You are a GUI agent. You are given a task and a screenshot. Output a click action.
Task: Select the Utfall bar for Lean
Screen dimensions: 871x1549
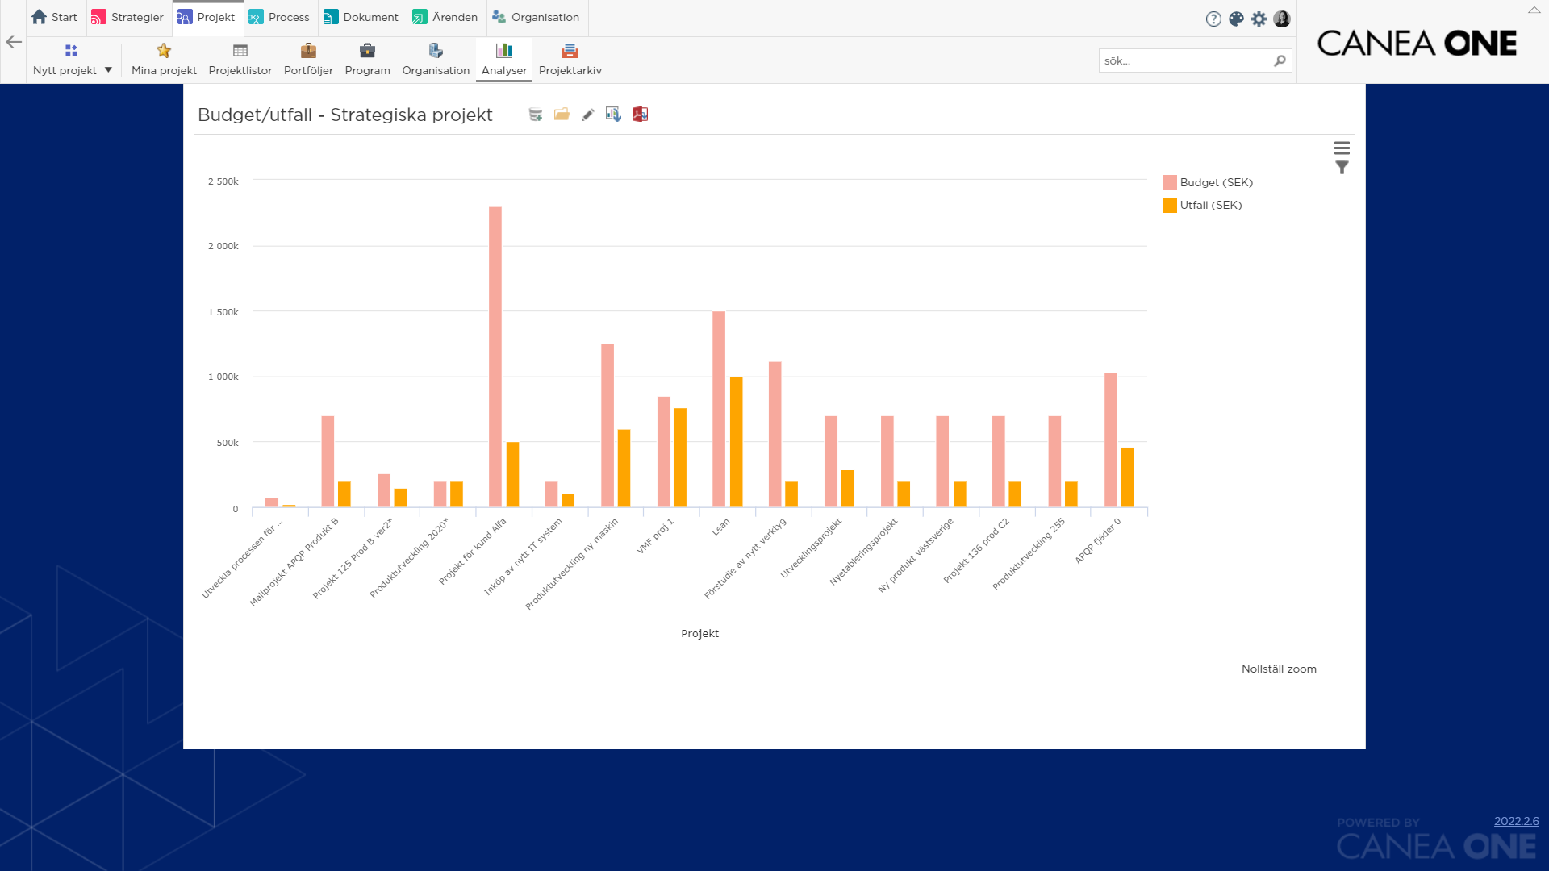pos(736,442)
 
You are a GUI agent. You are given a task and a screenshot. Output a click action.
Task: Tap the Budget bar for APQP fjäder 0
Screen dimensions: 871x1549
pos(1111,440)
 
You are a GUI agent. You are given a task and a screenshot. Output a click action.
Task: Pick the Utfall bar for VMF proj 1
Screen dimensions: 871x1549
pos(680,457)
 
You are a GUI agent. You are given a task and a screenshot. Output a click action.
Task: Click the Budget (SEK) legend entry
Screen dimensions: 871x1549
pos(1208,182)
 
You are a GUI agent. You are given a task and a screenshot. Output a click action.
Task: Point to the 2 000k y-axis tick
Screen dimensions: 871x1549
pos(223,246)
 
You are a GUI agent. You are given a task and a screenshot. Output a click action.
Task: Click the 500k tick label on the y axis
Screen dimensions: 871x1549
pos(228,443)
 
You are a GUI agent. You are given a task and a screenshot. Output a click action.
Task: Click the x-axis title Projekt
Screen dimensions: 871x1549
pos(699,633)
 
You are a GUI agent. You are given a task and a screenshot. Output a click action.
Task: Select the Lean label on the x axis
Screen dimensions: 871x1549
pos(720,527)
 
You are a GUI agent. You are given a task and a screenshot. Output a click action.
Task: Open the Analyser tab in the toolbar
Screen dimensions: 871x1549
pos(504,60)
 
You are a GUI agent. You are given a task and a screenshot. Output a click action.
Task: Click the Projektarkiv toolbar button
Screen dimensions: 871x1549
pos(570,60)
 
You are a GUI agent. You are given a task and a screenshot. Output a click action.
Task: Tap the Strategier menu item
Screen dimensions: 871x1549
pos(128,17)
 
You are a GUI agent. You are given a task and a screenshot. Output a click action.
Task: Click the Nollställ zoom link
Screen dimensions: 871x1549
pos(1279,669)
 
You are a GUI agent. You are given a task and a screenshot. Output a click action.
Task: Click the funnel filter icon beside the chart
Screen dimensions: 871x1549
pos(1342,168)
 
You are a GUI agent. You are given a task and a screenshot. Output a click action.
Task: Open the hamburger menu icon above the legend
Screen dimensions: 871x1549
pos(1342,148)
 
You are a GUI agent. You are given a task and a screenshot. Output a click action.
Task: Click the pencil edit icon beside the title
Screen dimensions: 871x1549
pos(588,115)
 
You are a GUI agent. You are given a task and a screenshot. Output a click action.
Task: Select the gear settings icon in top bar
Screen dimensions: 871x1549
pos(1259,19)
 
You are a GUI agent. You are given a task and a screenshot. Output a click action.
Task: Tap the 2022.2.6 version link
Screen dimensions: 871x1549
pos(1516,821)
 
